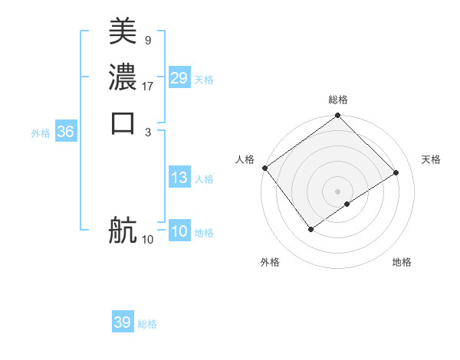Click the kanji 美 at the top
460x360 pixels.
click(x=123, y=31)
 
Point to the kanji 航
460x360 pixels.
click(x=123, y=229)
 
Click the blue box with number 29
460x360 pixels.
click(x=179, y=78)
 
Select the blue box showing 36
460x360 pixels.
click(x=66, y=132)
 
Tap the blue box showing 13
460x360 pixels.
click(x=179, y=178)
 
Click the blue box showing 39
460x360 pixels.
click(x=122, y=322)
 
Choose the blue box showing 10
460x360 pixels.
click(x=179, y=232)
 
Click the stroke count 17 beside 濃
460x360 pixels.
click(x=148, y=86)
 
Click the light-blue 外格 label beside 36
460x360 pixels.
click(x=41, y=133)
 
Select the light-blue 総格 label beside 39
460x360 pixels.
click(x=147, y=324)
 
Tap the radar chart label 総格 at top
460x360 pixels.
click(x=338, y=100)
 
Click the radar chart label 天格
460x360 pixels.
click(x=431, y=159)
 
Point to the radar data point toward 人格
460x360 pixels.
click(x=264, y=168)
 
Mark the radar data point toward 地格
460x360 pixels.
click(x=347, y=204)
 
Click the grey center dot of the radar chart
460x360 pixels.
click(x=337, y=191)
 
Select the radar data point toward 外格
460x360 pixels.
click(x=311, y=228)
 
